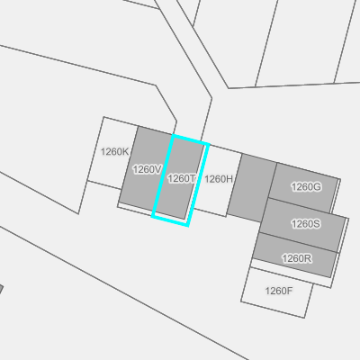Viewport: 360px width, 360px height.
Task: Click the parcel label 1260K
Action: [114, 152]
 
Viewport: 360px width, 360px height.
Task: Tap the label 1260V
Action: [148, 169]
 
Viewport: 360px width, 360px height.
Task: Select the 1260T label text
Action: [182, 179]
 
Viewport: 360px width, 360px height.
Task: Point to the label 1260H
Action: [219, 179]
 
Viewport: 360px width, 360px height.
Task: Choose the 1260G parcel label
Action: [306, 187]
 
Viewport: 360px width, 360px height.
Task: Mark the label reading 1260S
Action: [306, 224]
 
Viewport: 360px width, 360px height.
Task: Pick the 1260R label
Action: [297, 258]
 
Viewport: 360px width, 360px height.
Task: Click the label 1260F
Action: [279, 291]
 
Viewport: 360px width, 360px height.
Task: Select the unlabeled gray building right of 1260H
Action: [252, 188]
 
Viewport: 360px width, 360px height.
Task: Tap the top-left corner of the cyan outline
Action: [174, 136]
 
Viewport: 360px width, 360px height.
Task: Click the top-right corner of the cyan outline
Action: [208, 145]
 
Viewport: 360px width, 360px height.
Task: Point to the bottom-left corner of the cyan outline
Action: [153, 216]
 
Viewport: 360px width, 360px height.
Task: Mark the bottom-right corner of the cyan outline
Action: [187, 225]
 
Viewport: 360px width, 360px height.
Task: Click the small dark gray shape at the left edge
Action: [1, 289]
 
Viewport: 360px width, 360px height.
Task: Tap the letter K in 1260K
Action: [126, 152]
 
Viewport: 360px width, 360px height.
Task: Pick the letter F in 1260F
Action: [290, 291]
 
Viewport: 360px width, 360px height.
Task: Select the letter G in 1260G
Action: [318, 187]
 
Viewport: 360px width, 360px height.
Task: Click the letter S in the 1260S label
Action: [317, 224]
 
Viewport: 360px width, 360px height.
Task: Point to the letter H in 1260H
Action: [229, 179]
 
